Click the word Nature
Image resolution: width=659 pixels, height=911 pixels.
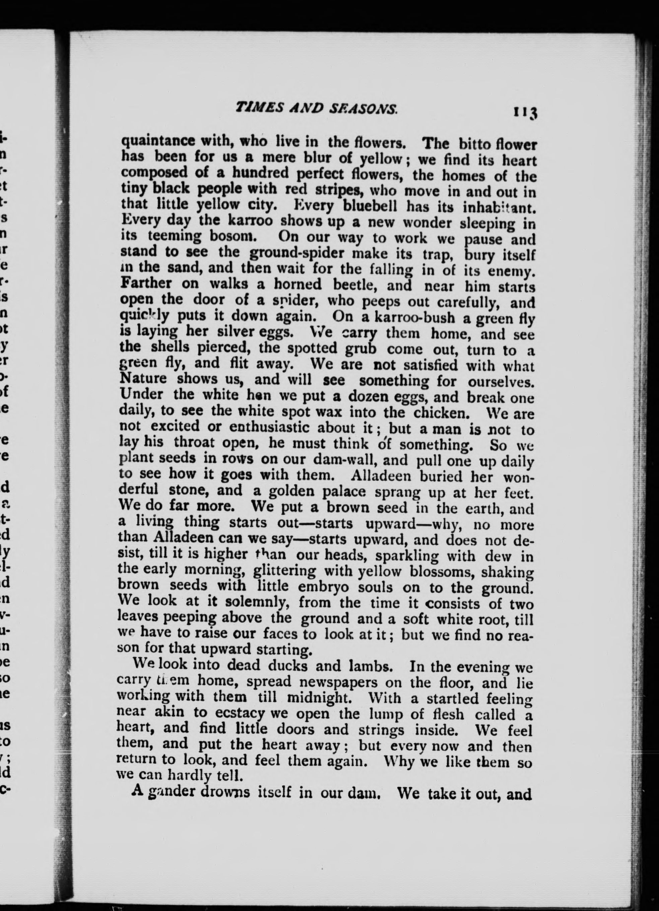pos(144,379)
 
